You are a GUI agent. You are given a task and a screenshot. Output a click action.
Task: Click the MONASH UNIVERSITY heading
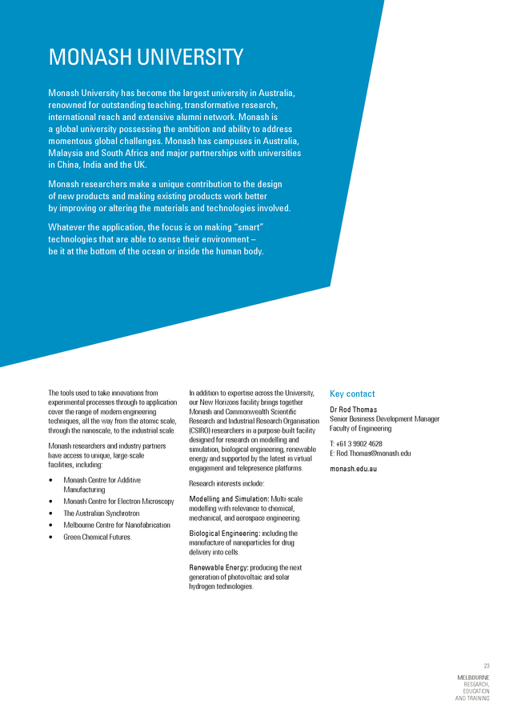pos(146,58)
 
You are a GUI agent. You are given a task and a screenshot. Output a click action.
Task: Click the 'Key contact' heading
pos(352,394)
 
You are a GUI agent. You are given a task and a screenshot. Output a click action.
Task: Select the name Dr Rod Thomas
pos(353,410)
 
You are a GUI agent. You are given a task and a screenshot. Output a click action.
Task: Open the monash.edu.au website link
pos(354,468)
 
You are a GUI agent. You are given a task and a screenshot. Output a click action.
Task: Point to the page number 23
pos(486,666)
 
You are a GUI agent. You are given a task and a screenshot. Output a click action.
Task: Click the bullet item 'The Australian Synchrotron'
pos(102,514)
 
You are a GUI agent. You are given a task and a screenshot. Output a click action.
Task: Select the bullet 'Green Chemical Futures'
pos(98,537)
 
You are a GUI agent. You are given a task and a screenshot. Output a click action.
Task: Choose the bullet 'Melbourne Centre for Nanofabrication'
pos(117,525)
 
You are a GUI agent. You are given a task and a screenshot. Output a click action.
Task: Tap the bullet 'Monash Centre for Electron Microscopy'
pos(118,502)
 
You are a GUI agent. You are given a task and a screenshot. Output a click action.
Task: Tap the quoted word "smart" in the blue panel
pos(246,227)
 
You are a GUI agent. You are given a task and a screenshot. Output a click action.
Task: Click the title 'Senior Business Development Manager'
pos(384,419)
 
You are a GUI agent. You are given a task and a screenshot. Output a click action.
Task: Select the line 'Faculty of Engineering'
pos(360,429)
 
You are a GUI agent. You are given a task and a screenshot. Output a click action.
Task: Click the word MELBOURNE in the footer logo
pos(473,678)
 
